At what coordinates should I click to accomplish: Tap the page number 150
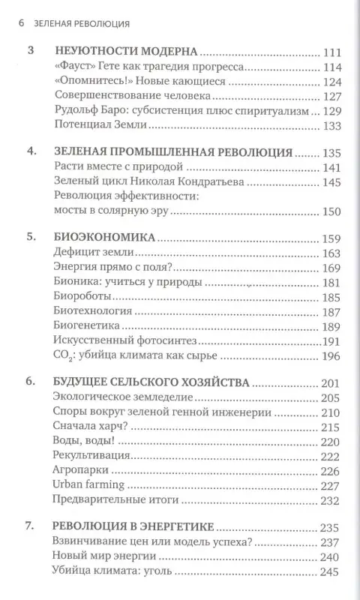330,214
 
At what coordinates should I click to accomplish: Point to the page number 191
331,339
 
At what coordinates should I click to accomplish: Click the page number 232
330,498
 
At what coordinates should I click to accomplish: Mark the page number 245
330,571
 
